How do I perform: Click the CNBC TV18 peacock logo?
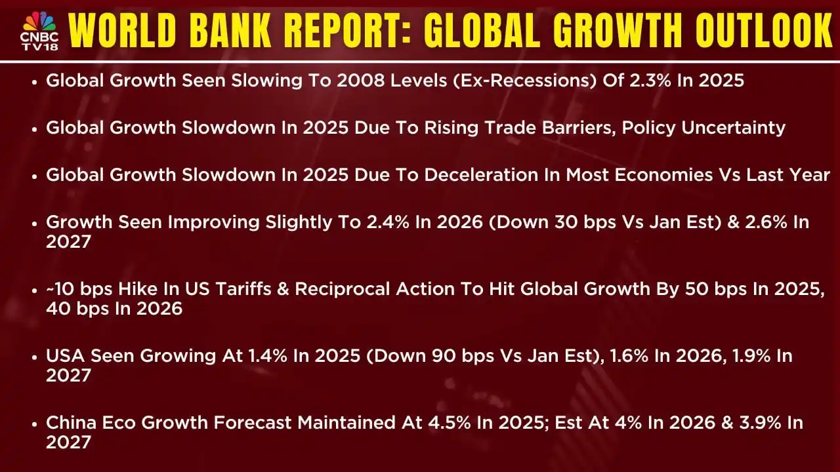pos(39,31)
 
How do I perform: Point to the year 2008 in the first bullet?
pos(360,81)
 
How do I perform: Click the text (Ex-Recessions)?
pos(524,81)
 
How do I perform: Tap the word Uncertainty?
pos(734,128)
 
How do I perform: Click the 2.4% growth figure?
pos(388,222)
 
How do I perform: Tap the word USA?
pos(65,356)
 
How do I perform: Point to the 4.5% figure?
pos(450,423)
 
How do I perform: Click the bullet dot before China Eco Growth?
pos(35,424)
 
